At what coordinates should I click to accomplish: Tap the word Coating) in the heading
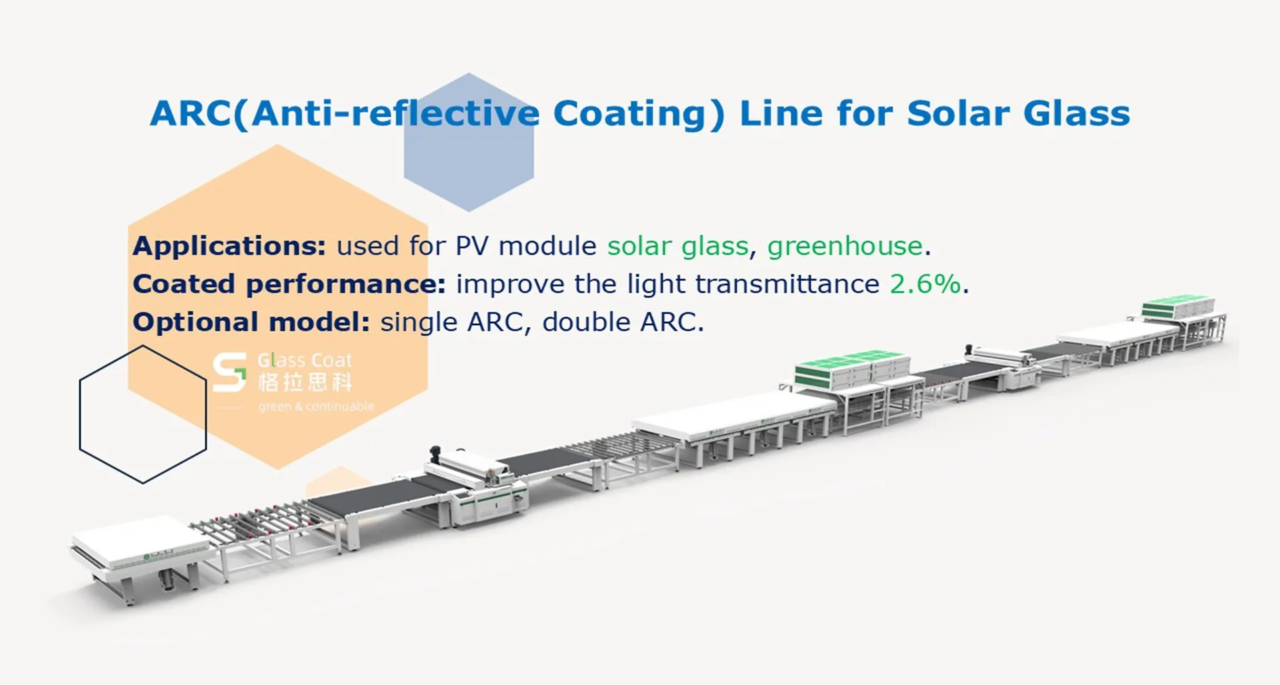(639, 113)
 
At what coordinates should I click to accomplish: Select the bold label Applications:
(229, 247)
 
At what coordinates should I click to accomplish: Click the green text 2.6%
(925, 285)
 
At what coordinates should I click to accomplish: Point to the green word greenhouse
(845, 246)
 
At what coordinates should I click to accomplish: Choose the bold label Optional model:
(251, 323)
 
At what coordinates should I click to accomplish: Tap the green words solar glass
(677, 247)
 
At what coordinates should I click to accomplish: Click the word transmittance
(787, 285)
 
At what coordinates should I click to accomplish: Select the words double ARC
(623, 323)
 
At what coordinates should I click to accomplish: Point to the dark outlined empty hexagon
(143, 414)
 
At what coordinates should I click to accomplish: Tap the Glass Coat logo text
(305, 360)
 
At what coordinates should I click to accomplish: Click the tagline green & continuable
(316, 406)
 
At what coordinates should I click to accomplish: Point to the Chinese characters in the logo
(305, 382)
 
